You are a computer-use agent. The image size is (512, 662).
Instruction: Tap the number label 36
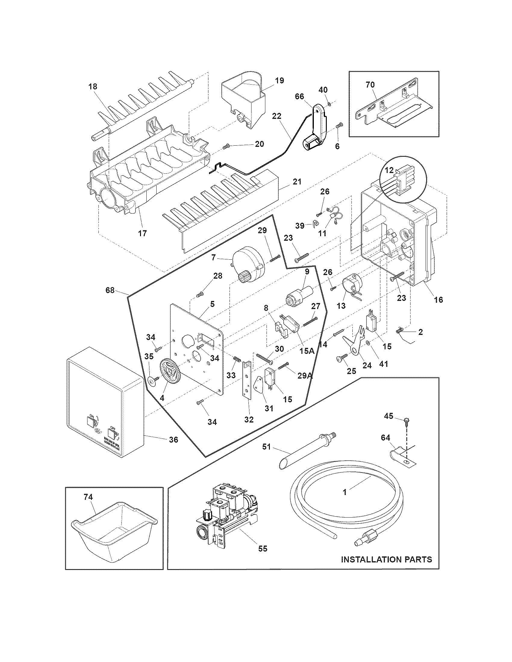click(173, 439)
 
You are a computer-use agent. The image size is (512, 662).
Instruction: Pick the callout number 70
click(370, 85)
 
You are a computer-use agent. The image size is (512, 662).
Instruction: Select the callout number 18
click(93, 87)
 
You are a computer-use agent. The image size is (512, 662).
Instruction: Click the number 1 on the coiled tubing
click(345, 492)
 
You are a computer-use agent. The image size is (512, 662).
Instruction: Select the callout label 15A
click(307, 351)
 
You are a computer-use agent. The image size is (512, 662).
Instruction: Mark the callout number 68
click(110, 290)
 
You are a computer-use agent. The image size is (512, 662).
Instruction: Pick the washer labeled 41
click(368, 342)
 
